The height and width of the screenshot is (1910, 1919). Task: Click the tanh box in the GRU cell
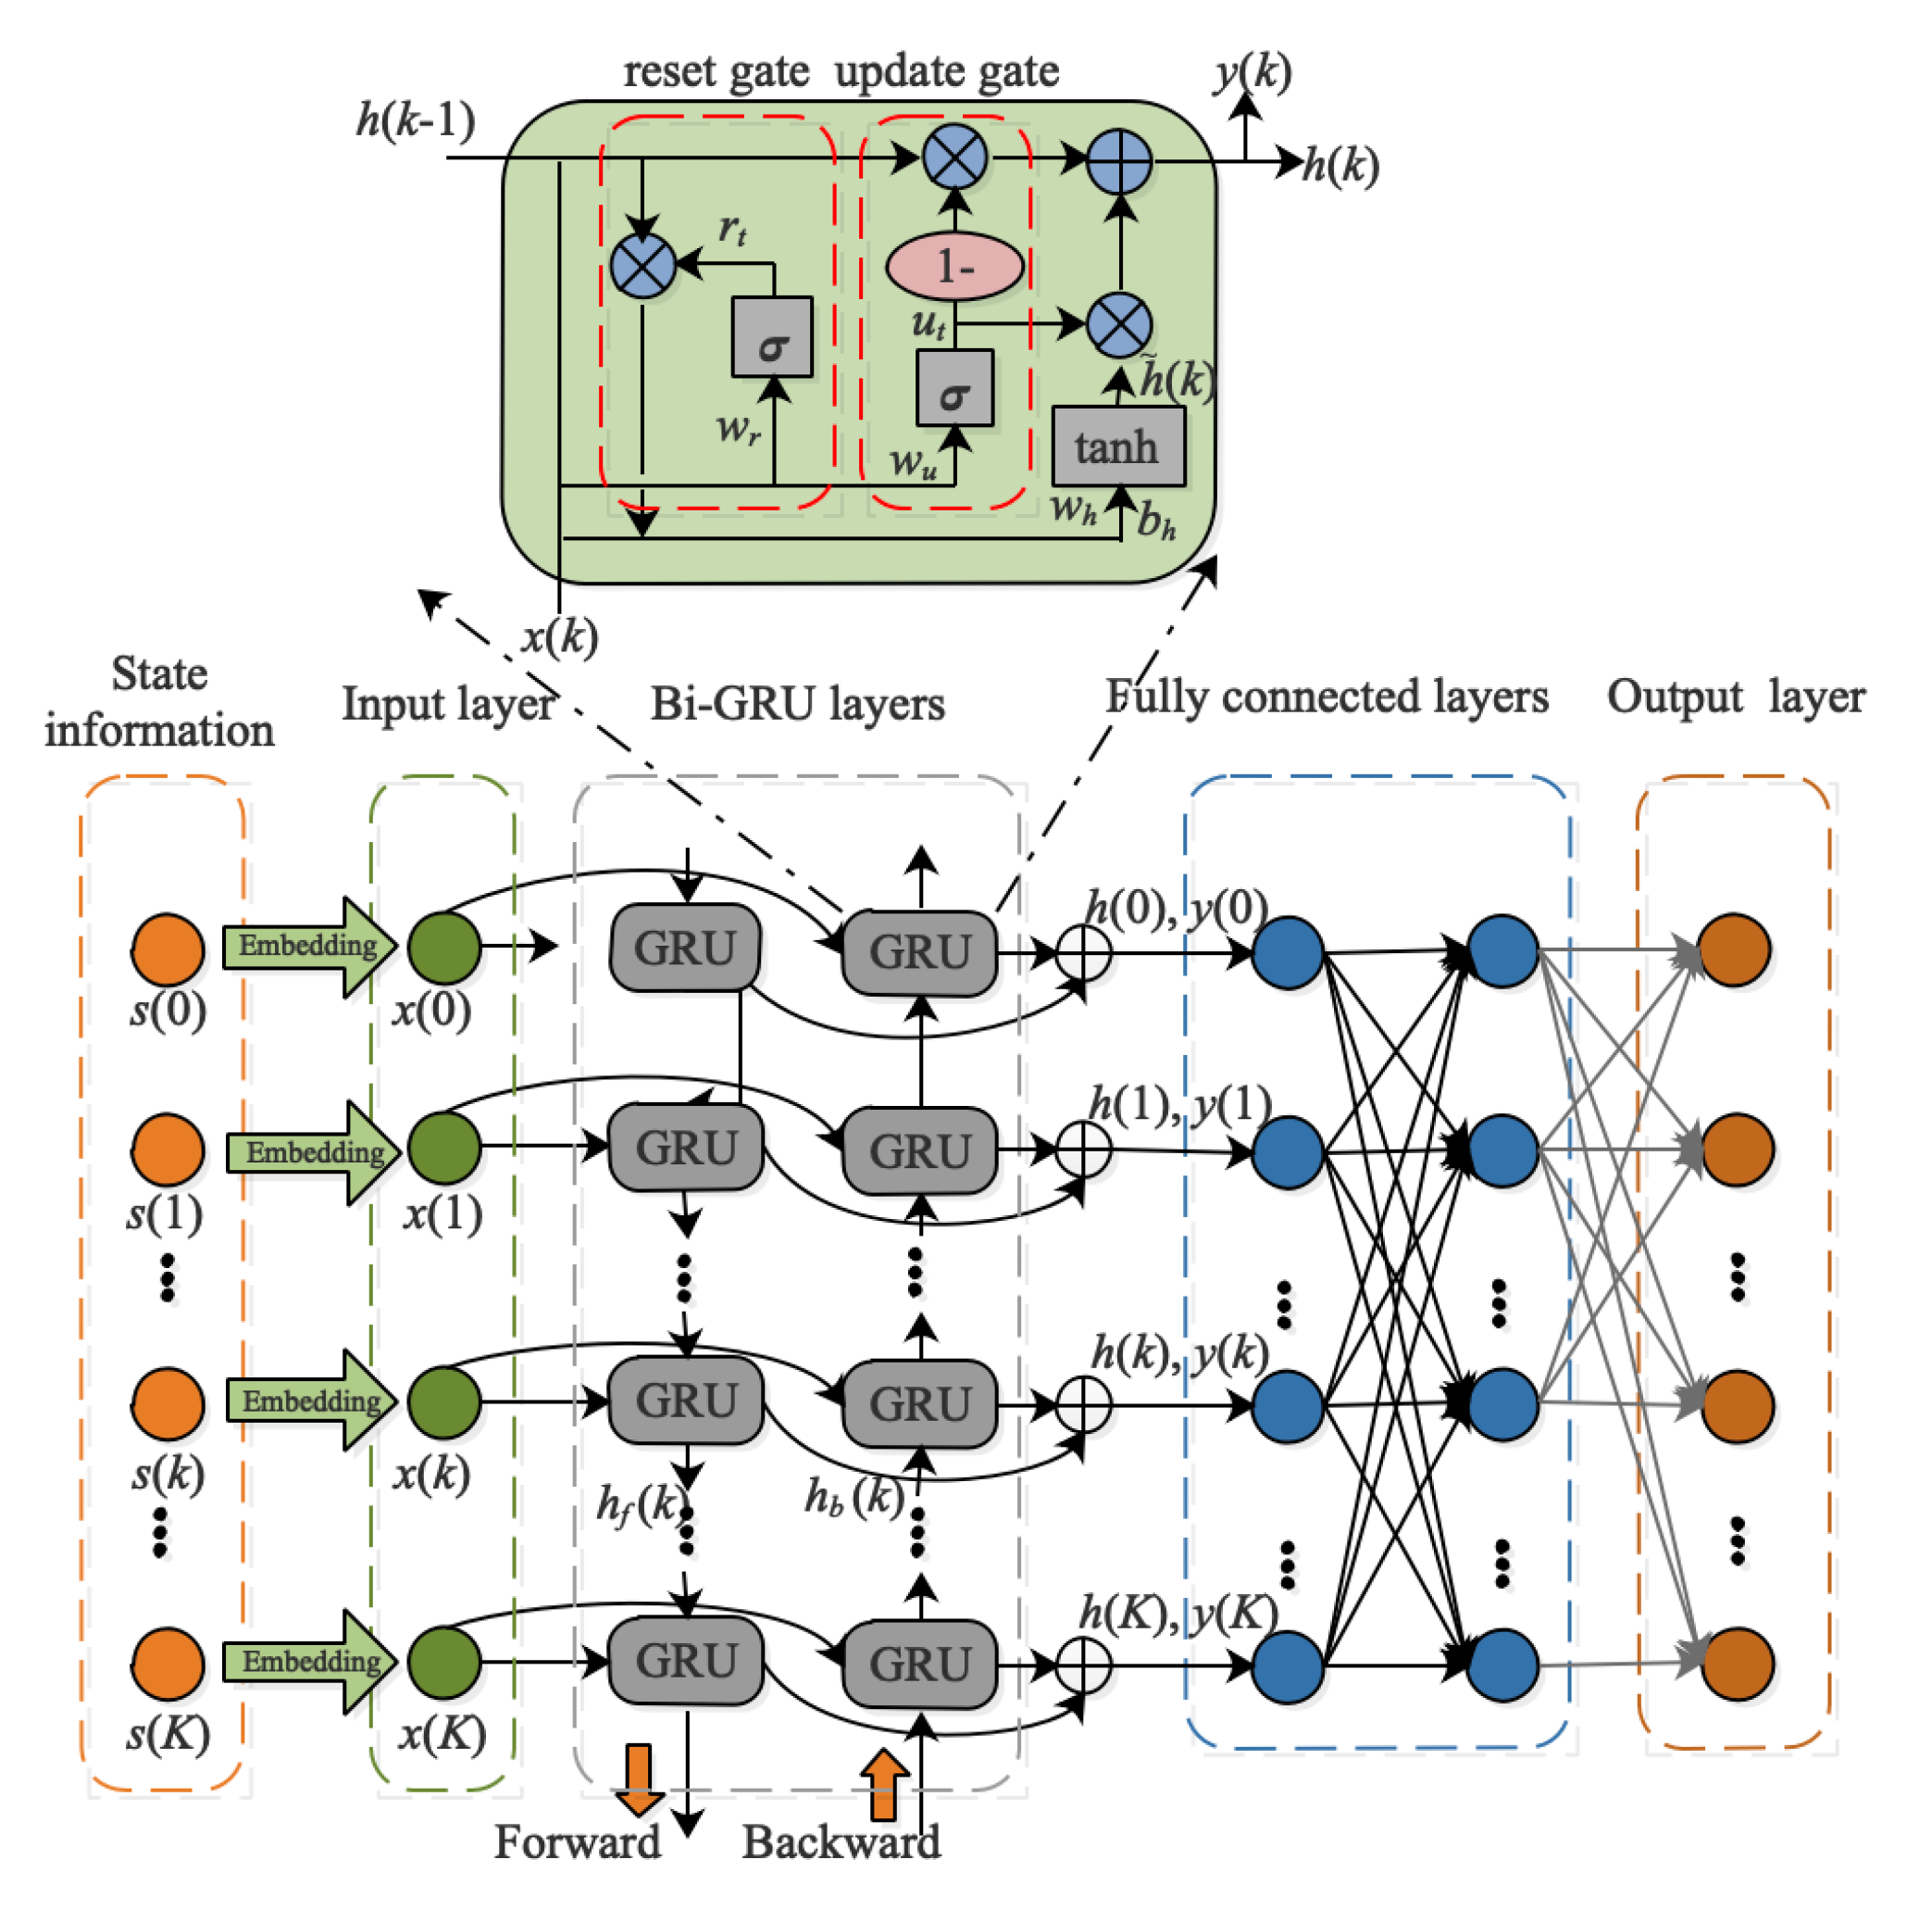tap(1117, 447)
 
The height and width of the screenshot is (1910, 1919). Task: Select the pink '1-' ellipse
tap(953, 267)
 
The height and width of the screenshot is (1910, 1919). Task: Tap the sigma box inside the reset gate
tap(772, 338)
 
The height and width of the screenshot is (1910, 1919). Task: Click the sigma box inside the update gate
tap(953, 388)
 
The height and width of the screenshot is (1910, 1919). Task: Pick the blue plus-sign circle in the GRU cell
tap(1119, 161)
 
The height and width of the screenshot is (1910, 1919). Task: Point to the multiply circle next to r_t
tap(642, 267)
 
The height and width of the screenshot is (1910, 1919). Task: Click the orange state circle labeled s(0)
tap(168, 949)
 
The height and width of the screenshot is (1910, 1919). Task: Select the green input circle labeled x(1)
tap(444, 1147)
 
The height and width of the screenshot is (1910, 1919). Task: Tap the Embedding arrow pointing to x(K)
tap(310, 1662)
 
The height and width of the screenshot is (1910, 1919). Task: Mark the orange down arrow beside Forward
tap(639, 1778)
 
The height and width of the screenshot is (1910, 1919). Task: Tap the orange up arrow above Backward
tap(883, 1784)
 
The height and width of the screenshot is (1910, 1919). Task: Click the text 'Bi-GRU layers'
tap(797, 704)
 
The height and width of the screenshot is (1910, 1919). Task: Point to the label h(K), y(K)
tap(1178, 1612)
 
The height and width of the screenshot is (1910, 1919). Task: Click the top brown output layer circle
tap(1733, 950)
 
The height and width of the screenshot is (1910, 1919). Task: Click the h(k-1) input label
tap(416, 119)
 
